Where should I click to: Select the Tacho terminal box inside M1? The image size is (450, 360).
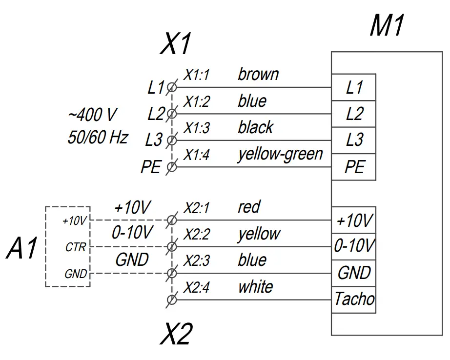(354, 299)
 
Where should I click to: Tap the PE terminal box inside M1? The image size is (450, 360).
(354, 167)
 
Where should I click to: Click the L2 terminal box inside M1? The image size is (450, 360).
(354, 114)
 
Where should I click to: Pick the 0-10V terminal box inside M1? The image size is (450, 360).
(354, 247)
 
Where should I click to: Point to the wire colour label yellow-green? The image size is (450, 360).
(280, 155)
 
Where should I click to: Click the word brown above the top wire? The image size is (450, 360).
(258, 75)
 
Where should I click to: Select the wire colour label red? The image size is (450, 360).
(249, 207)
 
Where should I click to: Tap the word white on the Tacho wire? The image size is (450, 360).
(255, 287)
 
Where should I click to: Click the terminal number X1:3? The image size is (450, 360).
(196, 129)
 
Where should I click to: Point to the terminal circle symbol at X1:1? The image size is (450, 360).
(171, 87)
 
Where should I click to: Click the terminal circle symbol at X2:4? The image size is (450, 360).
(171, 299)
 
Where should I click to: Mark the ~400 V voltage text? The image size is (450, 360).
(92, 115)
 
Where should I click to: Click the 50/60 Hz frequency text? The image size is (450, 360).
(98, 138)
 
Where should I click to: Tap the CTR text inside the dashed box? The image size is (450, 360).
(76, 248)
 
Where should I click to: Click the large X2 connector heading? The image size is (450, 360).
(176, 335)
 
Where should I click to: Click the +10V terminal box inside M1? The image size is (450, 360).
(354, 220)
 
